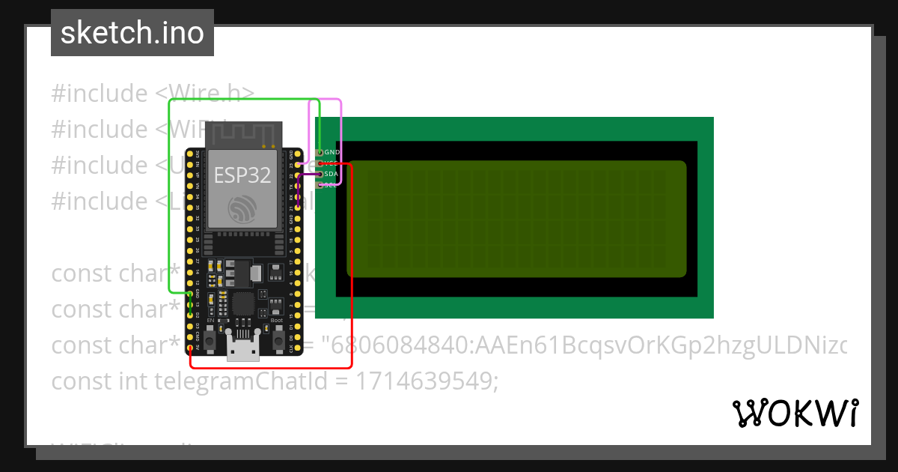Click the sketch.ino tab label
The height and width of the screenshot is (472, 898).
tap(132, 33)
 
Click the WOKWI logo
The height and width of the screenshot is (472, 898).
tap(795, 413)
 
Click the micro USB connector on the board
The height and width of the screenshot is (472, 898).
tap(242, 348)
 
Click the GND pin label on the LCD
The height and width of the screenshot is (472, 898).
tap(332, 152)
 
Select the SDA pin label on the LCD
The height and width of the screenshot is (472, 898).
tap(332, 174)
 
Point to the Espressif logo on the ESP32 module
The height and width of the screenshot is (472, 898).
tap(243, 208)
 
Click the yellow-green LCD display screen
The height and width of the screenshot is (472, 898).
tap(516, 218)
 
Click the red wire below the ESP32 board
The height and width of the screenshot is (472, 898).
tap(269, 368)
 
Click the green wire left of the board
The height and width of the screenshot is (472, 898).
tap(169, 195)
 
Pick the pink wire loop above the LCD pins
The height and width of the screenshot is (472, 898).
tap(326, 100)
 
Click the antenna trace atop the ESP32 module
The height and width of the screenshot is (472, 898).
tap(243, 135)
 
